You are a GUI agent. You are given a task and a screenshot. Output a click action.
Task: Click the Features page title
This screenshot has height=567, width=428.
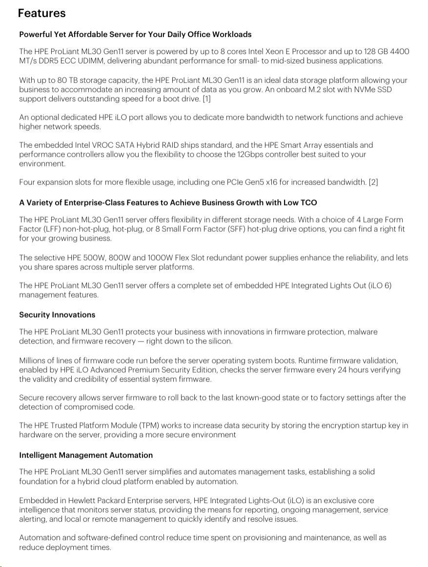click(x=41, y=13)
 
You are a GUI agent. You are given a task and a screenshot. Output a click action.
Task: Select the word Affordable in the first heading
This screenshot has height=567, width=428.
click(x=87, y=34)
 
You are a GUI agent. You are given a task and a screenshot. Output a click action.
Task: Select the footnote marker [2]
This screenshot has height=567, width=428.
click(x=373, y=182)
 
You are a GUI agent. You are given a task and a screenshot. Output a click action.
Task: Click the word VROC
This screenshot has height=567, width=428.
click(x=102, y=145)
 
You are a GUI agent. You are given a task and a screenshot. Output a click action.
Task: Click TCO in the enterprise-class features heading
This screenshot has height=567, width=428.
click(x=308, y=202)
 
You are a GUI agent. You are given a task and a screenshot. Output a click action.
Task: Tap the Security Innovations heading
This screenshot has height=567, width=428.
click(x=57, y=315)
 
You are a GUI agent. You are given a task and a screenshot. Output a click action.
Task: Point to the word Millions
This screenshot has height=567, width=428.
click(x=33, y=361)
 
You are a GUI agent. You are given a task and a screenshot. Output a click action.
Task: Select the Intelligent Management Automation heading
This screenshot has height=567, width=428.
click(x=86, y=455)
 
